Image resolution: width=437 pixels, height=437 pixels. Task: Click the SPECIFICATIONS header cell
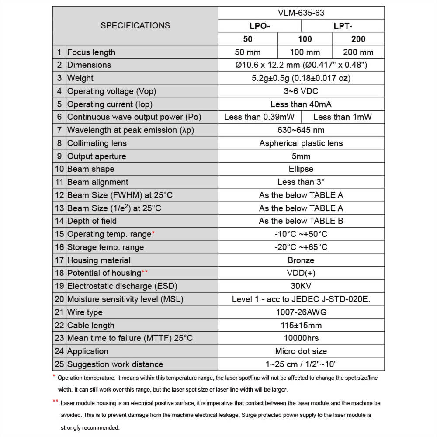coord(135,25)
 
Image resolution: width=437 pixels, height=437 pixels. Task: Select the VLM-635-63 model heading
coord(301,13)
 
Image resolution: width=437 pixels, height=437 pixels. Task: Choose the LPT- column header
coord(343,26)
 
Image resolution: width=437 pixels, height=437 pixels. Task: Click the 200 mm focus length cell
coord(358,52)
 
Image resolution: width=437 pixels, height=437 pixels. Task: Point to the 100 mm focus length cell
coord(305,52)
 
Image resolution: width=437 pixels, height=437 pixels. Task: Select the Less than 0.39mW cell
coord(260,117)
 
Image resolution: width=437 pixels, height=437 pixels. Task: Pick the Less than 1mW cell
coord(343,117)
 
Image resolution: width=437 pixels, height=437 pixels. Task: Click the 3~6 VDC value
coord(301,91)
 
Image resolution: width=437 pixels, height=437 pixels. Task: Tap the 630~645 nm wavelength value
coord(301,130)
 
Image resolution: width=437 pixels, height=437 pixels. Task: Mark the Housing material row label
coord(99,260)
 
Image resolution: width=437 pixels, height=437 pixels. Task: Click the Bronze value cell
coord(301,260)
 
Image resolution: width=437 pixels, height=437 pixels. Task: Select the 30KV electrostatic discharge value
coord(301,286)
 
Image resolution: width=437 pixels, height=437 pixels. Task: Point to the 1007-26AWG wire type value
coord(301,312)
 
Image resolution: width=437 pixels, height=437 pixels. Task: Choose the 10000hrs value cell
coord(301,338)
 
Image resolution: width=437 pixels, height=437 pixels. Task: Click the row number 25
coord(59,364)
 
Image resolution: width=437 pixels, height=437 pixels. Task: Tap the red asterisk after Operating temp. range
coord(153,232)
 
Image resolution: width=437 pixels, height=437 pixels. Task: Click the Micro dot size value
coord(301,351)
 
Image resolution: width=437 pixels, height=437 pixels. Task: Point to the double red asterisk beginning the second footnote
coord(55,402)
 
